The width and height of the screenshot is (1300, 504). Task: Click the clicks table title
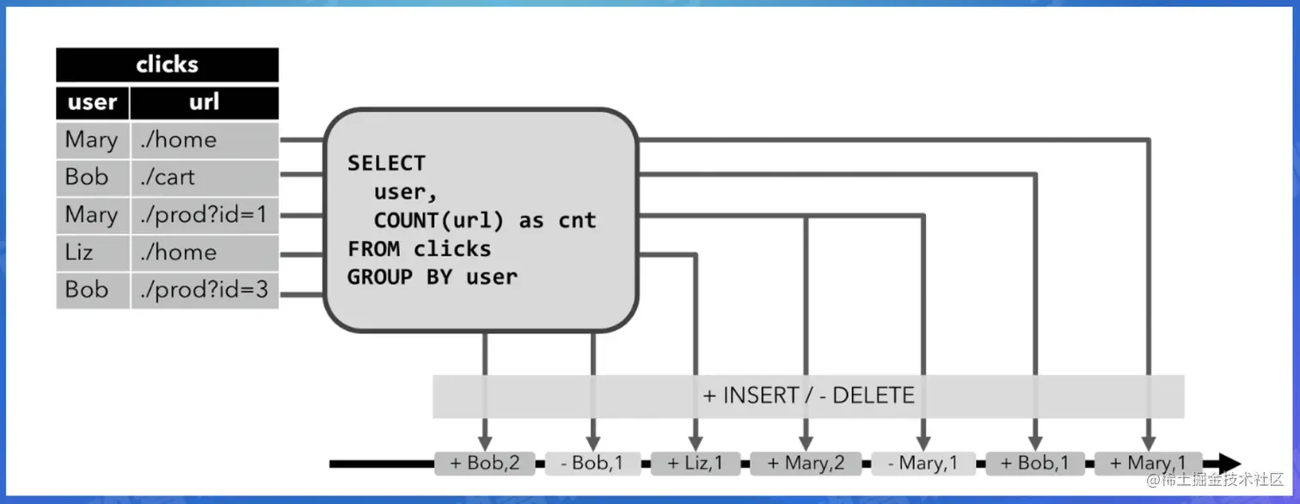tap(168, 65)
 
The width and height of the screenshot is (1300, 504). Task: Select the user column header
tap(92, 102)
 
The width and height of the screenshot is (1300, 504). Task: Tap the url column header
tap(204, 102)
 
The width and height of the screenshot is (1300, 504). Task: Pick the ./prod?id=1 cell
tap(204, 215)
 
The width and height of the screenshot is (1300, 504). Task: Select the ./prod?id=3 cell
tap(204, 290)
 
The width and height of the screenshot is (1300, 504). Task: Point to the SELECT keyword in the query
tap(386, 163)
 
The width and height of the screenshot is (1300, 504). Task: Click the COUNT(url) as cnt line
tap(484, 220)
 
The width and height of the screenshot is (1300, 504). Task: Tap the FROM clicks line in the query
tap(419, 249)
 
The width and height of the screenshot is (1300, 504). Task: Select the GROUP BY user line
tap(432, 277)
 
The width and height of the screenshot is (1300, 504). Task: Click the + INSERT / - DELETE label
tap(808, 396)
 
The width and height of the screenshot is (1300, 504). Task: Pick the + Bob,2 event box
tap(485, 464)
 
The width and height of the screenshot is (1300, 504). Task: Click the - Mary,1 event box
tap(923, 464)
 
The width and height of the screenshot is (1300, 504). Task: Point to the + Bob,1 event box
tap(1035, 464)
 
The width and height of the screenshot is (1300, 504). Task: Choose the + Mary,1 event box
tap(1148, 464)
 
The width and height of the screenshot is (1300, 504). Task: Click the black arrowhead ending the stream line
tap(1229, 464)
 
